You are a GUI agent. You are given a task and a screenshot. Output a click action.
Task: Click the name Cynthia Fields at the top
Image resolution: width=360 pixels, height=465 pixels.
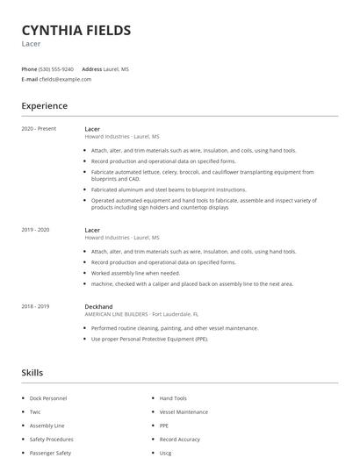(x=76, y=31)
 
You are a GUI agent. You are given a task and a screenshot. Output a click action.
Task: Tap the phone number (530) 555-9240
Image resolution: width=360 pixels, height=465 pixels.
(x=56, y=68)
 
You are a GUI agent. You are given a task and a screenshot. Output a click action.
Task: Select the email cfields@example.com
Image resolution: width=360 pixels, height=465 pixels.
(x=65, y=79)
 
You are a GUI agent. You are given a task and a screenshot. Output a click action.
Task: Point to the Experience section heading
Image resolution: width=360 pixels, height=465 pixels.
(x=45, y=106)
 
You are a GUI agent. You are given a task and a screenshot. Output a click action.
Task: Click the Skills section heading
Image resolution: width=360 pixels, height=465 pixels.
(x=32, y=373)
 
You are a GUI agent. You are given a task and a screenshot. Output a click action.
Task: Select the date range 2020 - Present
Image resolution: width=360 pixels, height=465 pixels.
(x=39, y=129)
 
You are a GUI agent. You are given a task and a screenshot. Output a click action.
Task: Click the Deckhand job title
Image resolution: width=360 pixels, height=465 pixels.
(x=98, y=306)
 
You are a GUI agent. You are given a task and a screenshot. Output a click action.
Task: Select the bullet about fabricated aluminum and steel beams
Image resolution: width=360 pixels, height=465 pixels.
(x=169, y=190)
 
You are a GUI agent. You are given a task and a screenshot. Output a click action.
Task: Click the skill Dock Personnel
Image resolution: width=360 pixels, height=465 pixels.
(x=48, y=398)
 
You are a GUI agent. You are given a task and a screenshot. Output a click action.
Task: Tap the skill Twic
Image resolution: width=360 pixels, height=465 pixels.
(x=35, y=411)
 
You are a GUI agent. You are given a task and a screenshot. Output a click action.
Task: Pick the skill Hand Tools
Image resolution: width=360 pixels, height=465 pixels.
(x=173, y=398)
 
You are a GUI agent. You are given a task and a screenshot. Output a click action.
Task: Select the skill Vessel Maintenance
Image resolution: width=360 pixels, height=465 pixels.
(x=184, y=411)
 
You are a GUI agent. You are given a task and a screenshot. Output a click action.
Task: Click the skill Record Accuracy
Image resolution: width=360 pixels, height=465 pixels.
(x=179, y=439)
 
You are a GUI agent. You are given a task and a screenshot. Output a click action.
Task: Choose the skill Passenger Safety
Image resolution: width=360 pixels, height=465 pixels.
(x=50, y=453)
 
